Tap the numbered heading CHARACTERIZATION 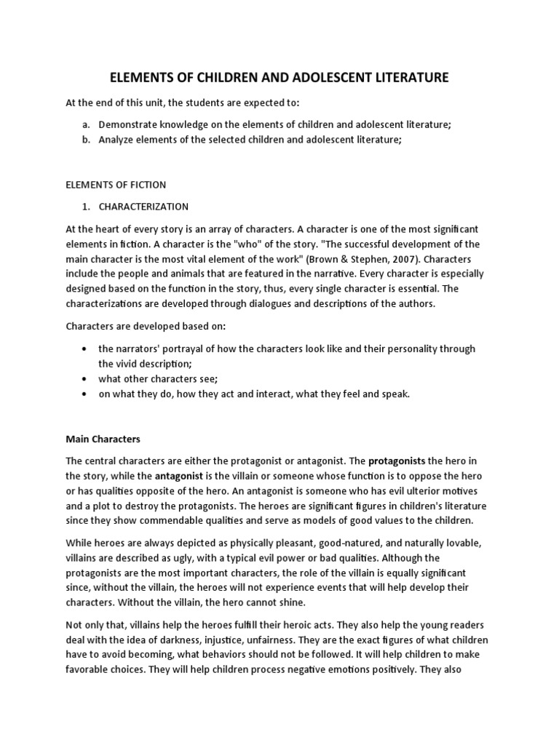(x=144, y=207)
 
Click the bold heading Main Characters (x=103, y=439)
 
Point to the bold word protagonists (x=397, y=461)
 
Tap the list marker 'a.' (x=86, y=124)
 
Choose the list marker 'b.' (x=86, y=139)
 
